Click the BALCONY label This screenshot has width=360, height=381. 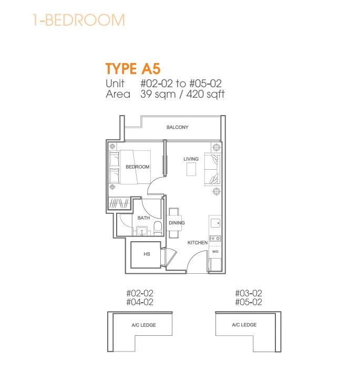pyautogui.click(x=177, y=127)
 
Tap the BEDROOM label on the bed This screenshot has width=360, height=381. pyautogui.click(x=137, y=167)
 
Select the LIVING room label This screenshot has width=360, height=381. pyautogui.click(x=191, y=159)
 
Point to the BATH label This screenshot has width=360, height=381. pyautogui.click(x=143, y=218)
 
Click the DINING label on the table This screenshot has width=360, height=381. pyautogui.click(x=177, y=223)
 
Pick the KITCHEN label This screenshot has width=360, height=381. pyautogui.click(x=198, y=242)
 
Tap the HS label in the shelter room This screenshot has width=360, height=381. pyautogui.click(x=147, y=254)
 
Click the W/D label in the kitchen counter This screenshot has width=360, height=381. pyautogui.click(x=215, y=252)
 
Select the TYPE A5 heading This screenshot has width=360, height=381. pyautogui.click(x=133, y=68)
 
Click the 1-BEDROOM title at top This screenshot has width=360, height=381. pyautogui.click(x=79, y=20)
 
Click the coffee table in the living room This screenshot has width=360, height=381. pyautogui.click(x=191, y=169)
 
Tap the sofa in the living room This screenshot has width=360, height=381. pyautogui.click(x=212, y=169)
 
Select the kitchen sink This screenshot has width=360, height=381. pyautogui.click(x=215, y=223)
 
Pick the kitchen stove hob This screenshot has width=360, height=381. pyautogui.click(x=215, y=239)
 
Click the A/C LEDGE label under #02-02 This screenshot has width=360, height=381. pyautogui.click(x=143, y=325)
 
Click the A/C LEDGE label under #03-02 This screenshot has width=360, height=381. pyautogui.click(x=244, y=325)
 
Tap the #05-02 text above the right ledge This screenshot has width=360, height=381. pyautogui.click(x=249, y=302)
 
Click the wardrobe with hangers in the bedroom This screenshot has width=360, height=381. pyautogui.click(x=119, y=203)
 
